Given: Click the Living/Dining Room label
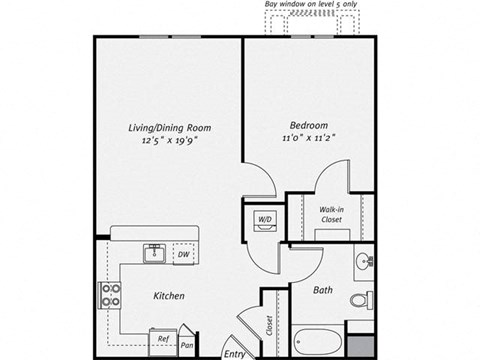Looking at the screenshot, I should click(x=169, y=128).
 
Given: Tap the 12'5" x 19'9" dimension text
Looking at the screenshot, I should click(x=169, y=141).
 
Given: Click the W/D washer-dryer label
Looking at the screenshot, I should click(x=265, y=218).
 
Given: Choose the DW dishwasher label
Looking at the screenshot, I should click(x=183, y=255).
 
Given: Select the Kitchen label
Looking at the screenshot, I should click(x=168, y=296).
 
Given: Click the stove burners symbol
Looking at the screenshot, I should click(x=109, y=295).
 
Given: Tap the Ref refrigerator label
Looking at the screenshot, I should click(x=162, y=339).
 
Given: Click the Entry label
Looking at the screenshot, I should click(x=235, y=353).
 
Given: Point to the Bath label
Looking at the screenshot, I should click(x=323, y=291).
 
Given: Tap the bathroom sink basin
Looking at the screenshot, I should click(x=364, y=263).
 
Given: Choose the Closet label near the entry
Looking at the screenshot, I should click(x=270, y=325).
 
